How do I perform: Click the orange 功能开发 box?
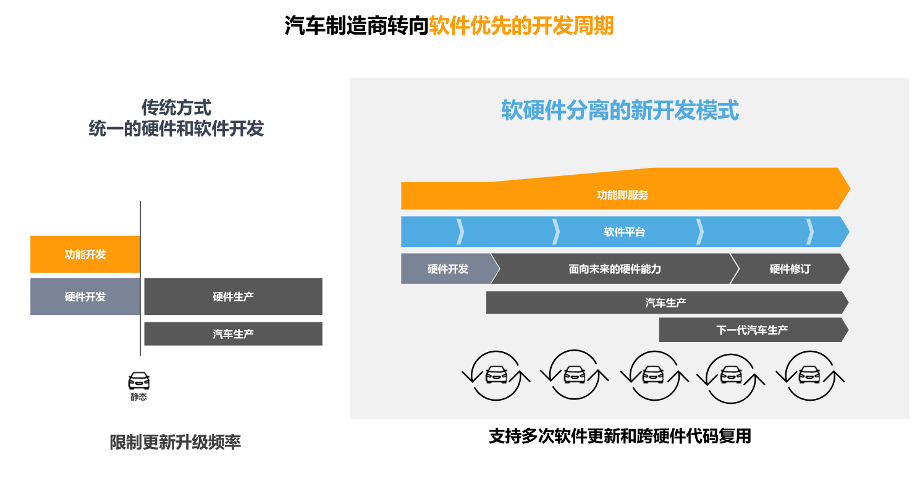click(x=85, y=254)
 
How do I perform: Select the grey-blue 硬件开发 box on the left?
click(x=85, y=296)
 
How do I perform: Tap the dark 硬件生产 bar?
click(x=234, y=296)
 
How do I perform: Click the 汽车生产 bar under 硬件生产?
click(x=234, y=334)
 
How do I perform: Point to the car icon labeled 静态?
click(x=139, y=381)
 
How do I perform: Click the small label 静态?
click(x=139, y=397)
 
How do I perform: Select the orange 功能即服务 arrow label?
click(x=623, y=195)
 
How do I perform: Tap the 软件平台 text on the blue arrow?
click(x=625, y=232)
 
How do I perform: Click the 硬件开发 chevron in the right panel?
click(x=450, y=269)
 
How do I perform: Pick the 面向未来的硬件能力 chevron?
click(x=615, y=269)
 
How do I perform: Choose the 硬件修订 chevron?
click(x=790, y=269)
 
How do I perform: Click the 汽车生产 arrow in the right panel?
click(x=667, y=303)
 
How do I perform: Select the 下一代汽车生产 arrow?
click(x=754, y=330)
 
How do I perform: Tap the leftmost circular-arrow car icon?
click(x=496, y=375)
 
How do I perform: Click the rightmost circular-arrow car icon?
click(x=810, y=375)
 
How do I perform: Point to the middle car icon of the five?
click(x=654, y=375)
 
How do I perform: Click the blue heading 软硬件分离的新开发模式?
click(x=620, y=111)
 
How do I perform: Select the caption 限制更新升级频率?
click(x=175, y=442)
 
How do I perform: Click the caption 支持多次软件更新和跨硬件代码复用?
click(x=620, y=437)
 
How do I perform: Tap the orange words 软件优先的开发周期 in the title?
click(x=521, y=26)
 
